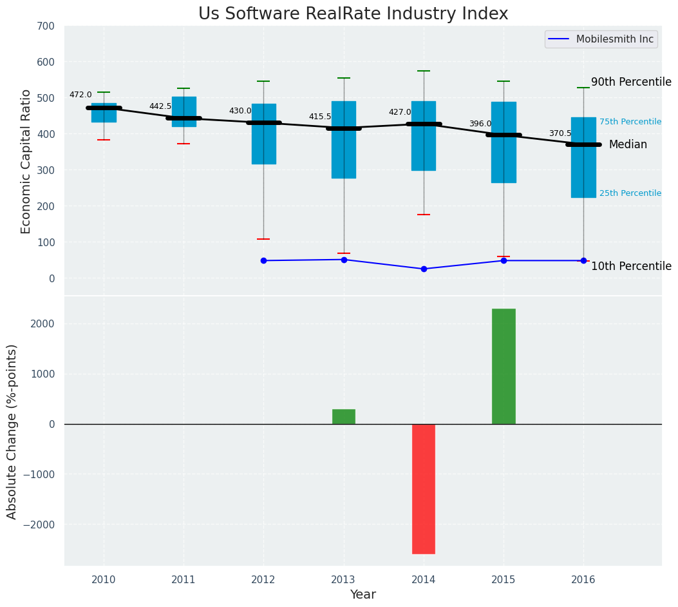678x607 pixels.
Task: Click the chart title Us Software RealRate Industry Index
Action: click(x=353, y=14)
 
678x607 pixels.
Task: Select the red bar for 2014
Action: click(x=424, y=488)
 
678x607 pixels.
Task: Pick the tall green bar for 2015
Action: click(x=504, y=366)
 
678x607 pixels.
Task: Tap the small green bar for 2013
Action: click(x=344, y=416)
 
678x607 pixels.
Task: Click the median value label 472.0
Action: click(x=80, y=95)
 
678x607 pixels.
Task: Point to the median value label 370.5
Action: click(x=560, y=133)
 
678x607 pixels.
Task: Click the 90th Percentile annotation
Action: click(x=631, y=82)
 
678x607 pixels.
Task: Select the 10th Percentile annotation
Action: click(x=631, y=266)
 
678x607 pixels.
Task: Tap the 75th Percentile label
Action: click(x=630, y=122)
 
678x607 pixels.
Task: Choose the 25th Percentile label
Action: click(x=630, y=193)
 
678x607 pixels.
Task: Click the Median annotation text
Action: click(x=628, y=144)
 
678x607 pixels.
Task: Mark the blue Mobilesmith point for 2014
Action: click(x=424, y=269)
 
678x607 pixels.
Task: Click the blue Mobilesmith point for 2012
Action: click(x=263, y=260)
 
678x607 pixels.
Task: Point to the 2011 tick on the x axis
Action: click(x=184, y=580)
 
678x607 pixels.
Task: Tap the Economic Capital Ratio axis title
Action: click(x=26, y=161)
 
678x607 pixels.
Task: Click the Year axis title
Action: click(x=363, y=595)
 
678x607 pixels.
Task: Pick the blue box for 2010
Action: click(x=104, y=113)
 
